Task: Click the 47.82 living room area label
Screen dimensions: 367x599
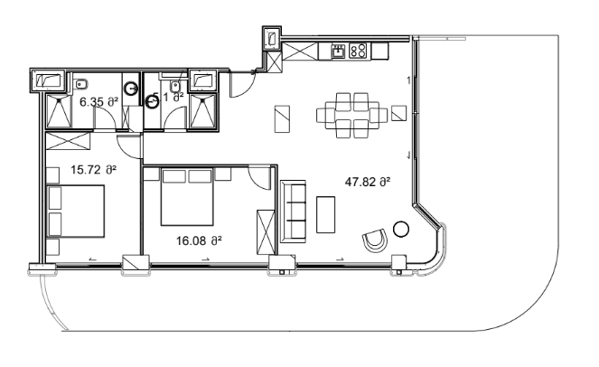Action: coord(367,182)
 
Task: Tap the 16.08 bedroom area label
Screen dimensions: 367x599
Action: coord(196,240)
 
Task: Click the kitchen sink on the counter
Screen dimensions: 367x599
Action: coord(338,51)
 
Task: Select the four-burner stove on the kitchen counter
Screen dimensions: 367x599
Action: coord(358,51)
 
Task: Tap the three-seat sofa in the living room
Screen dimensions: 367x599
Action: coord(294,212)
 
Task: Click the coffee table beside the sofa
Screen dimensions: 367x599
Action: coord(327,214)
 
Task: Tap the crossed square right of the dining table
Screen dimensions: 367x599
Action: coord(399,113)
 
